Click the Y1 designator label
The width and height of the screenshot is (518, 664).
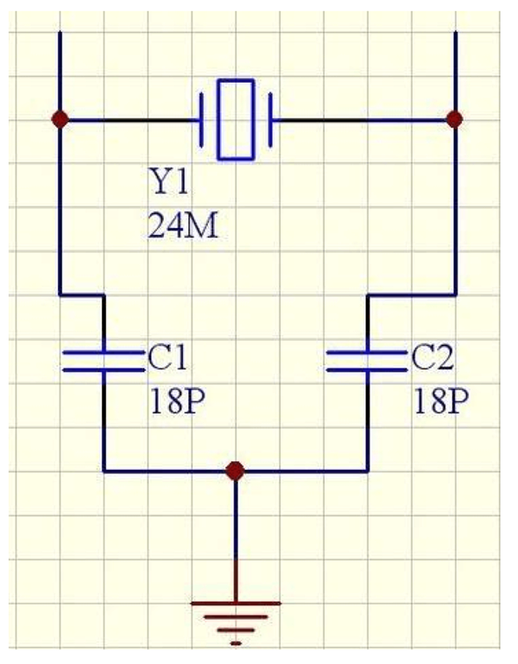tap(168, 181)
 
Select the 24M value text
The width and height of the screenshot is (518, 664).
tap(183, 225)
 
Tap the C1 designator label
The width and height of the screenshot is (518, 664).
tap(167, 357)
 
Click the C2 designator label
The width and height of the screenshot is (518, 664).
tap(432, 357)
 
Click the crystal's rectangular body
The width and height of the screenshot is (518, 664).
tap(237, 119)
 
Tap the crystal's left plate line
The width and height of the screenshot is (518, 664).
tap(202, 120)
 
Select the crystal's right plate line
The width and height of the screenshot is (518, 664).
tap(270, 120)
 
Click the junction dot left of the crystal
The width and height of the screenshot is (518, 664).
tap(60, 119)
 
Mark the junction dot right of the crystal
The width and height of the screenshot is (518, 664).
tap(455, 119)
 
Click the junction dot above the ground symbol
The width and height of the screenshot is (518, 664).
tap(235, 471)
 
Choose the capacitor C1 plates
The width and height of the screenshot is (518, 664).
tap(104, 361)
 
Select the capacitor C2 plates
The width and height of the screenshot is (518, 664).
tap(367, 361)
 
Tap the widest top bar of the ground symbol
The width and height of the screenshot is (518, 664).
tap(236, 604)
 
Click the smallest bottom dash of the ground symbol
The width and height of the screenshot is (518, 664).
tap(236, 643)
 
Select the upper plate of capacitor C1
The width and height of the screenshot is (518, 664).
tap(104, 352)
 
